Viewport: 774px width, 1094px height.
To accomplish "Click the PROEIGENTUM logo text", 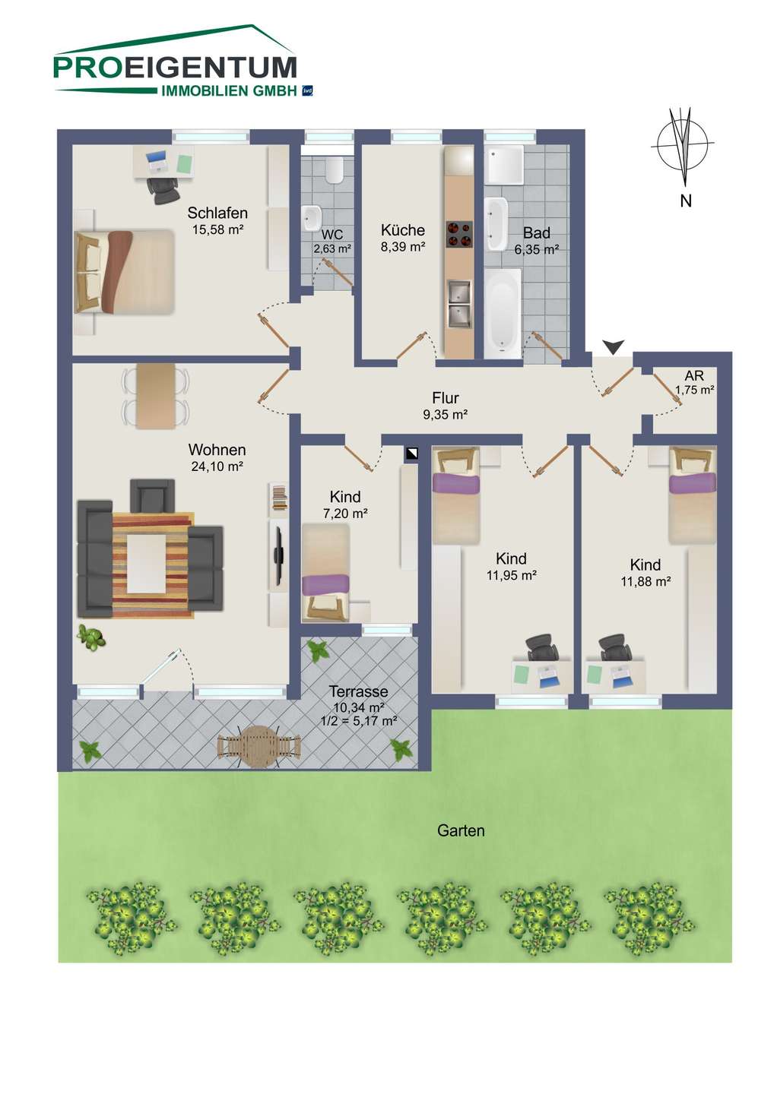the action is tap(175, 68).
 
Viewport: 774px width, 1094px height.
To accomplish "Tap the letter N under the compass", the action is tap(686, 201).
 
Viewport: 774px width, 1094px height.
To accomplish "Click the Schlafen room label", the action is tap(217, 213).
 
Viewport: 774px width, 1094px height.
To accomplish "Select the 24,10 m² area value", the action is tap(217, 466).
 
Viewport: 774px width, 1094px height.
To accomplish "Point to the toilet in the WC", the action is tap(335, 169).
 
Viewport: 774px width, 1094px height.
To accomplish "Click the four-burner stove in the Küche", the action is tap(459, 235).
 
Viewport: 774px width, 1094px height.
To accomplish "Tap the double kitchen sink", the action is tap(458, 304).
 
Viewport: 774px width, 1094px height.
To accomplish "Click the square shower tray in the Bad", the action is tap(506, 165).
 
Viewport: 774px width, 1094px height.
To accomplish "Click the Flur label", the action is tap(446, 398).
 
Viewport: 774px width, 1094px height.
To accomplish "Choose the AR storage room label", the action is tap(694, 375).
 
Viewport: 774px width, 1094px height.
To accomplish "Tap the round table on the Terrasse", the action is tap(259, 747).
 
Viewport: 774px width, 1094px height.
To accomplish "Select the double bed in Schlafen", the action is tap(125, 271).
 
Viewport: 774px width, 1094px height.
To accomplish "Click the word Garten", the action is tap(461, 830).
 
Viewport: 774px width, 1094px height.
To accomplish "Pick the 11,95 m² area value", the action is tap(512, 575).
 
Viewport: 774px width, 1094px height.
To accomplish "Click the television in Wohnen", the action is tap(278, 556).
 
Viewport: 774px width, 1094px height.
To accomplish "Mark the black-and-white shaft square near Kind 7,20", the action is tap(411, 454).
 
